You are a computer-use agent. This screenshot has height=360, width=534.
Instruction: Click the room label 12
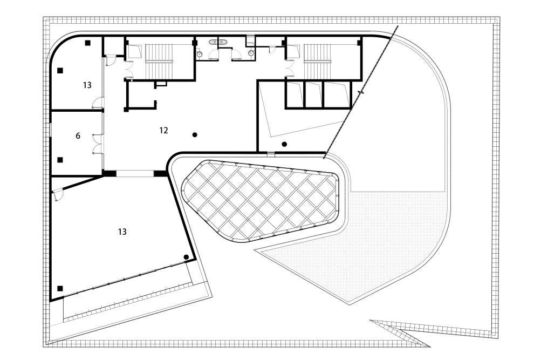(164, 130)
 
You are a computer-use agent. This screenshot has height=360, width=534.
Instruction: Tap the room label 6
(78, 136)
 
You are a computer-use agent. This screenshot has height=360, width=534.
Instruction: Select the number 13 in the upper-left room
(87, 85)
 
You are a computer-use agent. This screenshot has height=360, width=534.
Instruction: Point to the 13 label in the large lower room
(122, 232)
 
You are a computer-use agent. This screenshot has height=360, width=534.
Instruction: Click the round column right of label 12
(195, 134)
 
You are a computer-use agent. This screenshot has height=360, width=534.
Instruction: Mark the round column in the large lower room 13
(186, 257)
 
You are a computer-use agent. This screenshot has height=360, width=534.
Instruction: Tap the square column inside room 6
(60, 160)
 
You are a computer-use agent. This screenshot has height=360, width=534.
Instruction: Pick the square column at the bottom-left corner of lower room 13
(60, 288)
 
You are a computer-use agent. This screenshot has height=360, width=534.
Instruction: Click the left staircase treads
(159, 61)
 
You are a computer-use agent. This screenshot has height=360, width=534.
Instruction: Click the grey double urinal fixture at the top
(218, 41)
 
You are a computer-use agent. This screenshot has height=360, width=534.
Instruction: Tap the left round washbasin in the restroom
(200, 53)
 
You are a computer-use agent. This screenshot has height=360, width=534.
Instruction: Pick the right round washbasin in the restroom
(252, 53)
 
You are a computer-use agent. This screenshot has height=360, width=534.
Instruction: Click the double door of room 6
(97, 143)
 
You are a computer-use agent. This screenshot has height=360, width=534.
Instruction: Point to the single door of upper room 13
(98, 102)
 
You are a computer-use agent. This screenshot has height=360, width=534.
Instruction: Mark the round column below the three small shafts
(284, 144)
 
